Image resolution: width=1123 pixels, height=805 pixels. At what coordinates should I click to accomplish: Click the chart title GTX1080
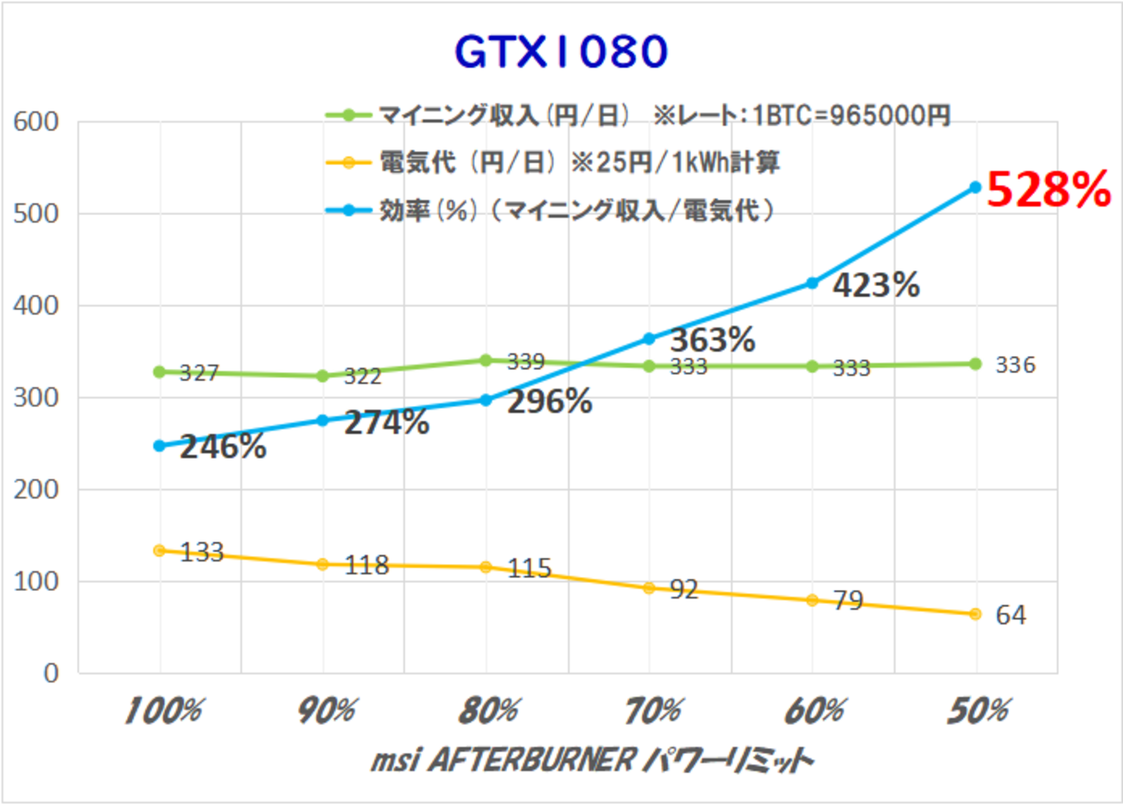click(561, 52)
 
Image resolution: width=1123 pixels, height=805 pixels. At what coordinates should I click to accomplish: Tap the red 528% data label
click(1048, 189)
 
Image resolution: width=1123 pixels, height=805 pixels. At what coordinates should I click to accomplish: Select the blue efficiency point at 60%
click(812, 282)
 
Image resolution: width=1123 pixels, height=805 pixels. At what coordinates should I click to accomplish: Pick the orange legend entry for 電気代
click(553, 162)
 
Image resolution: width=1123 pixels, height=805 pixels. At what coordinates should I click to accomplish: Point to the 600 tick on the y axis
click(36, 122)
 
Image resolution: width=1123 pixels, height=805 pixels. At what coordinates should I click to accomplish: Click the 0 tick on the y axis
click(52, 673)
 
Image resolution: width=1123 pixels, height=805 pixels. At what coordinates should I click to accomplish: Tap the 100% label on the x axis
click(162, 711)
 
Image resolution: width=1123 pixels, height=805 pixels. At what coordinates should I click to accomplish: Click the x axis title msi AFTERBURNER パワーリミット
click(592, 760)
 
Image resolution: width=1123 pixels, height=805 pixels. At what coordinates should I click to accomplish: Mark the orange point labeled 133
click(159, 550)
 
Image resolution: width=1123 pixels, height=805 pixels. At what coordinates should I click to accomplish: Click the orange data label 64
click(1011, 615)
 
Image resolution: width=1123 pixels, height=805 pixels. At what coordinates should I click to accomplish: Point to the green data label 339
click(525, 361)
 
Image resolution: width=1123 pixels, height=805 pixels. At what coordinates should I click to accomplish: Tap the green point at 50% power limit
click(975, 364)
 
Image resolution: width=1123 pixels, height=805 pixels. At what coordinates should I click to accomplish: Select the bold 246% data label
click(223, 447)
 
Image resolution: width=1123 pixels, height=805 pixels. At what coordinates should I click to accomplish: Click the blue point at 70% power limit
click(649, 339)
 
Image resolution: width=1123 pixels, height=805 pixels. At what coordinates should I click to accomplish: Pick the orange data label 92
click(683, 589)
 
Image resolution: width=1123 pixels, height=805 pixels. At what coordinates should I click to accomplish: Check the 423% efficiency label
click(875, 285)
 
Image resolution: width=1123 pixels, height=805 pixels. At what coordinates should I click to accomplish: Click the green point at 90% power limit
click(322, 376)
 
